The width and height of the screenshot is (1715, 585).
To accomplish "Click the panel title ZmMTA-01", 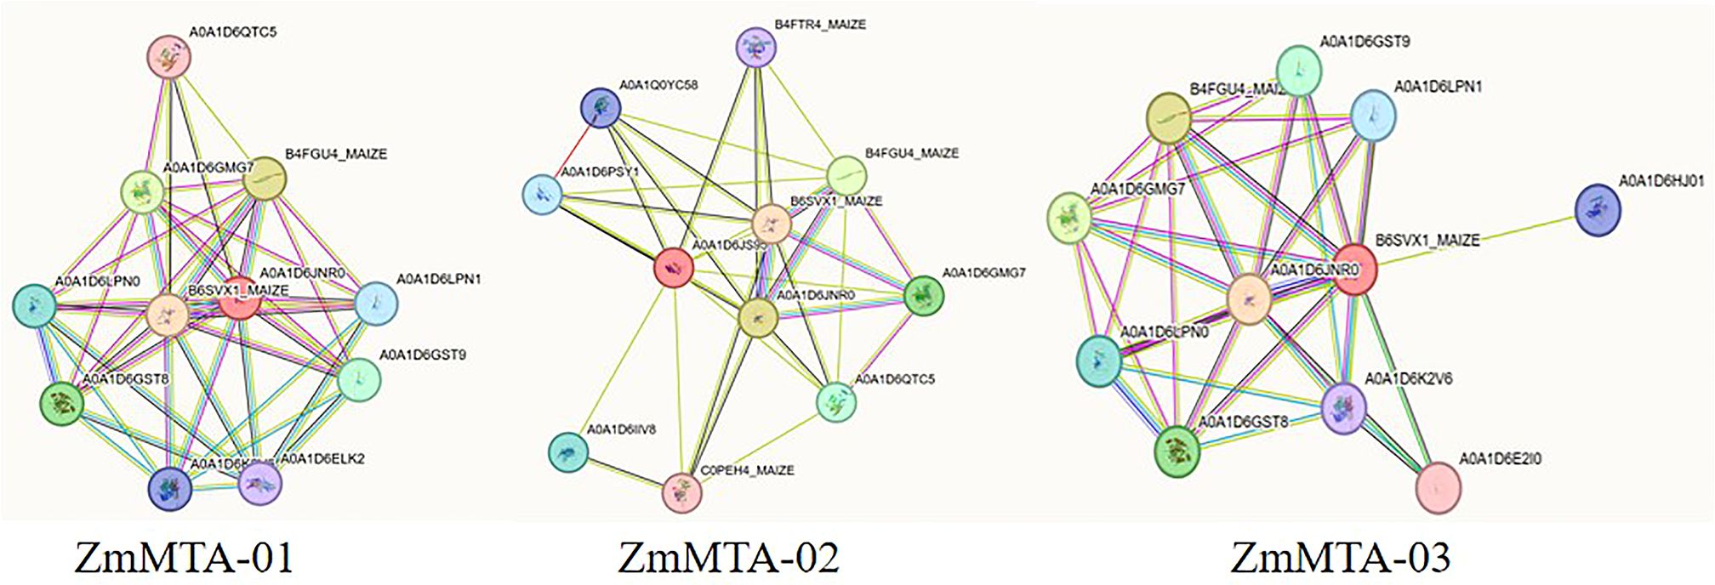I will pos(185,557).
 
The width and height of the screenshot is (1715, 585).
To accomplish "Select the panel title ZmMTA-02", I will pos(728,557).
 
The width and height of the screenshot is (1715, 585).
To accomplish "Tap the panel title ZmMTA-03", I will pos(1340,557).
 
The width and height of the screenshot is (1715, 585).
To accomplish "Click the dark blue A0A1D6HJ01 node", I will pos(1598,211).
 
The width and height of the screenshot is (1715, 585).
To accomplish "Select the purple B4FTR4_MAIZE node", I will pos(755,47).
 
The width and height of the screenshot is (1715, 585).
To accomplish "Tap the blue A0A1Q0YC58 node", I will pos(601,108).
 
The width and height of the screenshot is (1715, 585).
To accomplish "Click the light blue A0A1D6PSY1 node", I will pos(541,194).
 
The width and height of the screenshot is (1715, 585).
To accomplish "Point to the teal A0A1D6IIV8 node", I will pos(567,452).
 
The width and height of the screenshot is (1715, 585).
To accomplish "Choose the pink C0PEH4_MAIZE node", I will pos(681,492).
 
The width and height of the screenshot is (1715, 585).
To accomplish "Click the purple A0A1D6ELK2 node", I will pos(260,485).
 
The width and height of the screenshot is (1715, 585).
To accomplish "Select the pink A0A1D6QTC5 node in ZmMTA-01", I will pos(168,57).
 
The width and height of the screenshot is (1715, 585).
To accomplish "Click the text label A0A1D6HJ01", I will pos(1661,182).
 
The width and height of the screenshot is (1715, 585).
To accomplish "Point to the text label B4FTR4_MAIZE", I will pos(819,26).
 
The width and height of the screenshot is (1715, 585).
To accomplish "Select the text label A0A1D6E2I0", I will pos(1501,459).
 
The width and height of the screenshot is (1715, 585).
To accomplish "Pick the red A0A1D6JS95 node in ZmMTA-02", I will pos(674,269).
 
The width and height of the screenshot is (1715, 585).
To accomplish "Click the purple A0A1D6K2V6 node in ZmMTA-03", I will pos(1344,407).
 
